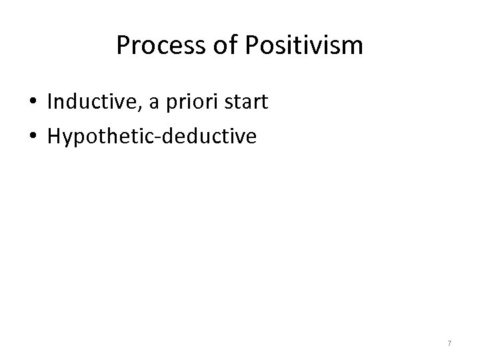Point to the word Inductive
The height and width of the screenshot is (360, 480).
pos(85,103)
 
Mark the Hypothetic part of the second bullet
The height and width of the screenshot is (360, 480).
pos(96,137)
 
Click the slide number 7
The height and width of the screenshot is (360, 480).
pos(449,343)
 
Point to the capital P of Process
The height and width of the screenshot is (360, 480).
pos(123,46)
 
